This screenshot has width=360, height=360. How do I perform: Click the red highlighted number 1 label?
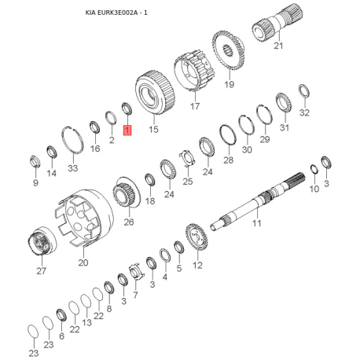pyautogui.click(x=127, y=130)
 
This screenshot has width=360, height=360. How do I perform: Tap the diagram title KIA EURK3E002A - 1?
pyautogui.click(x=116, y=13)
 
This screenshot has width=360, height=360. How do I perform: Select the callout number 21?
pyautogui.click(x=278, y=46)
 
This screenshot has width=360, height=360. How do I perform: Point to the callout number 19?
pyautogui.click(x=230, y=84)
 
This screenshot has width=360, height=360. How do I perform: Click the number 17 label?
pyautogui.click(x=195, y=106)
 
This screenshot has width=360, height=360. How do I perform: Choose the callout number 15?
pyautogui.click(x=154, y=129)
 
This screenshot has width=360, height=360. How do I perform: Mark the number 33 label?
pyautogui.click(x=73, y=168)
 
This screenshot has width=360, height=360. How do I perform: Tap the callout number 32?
pyautogui.click(x=304, y=112)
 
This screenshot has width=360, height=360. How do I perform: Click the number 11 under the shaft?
pyautogui.click(x=257, y=223)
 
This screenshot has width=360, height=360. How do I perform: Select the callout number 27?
pyautogui.click(x=42, y=270)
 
